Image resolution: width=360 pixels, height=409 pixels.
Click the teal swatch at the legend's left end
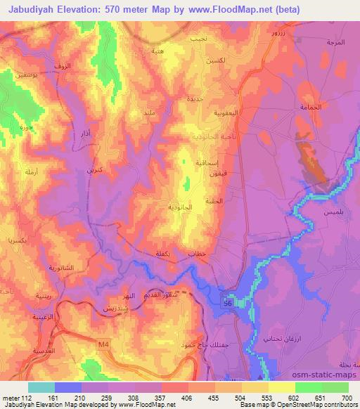[x=41, y=387]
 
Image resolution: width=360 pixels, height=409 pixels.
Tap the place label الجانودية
[x=180, y=208]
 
